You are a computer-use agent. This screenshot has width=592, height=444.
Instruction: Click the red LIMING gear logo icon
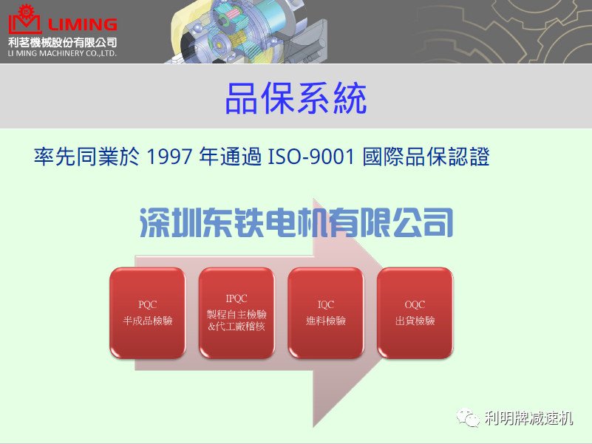tap(24, 20)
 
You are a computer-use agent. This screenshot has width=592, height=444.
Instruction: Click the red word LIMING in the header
tap(83, 25)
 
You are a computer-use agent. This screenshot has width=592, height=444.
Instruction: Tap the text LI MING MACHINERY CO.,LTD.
tap(62, 54)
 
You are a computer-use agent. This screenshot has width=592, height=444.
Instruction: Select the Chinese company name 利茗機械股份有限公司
tap(62, 42)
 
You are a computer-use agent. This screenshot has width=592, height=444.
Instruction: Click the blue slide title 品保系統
tap(296, 98)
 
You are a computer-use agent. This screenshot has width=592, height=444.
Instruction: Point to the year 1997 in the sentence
tap(169, 157)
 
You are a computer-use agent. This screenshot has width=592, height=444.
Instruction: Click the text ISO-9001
tap(311, 157)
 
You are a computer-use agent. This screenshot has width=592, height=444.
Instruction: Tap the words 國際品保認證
tap(426, 157)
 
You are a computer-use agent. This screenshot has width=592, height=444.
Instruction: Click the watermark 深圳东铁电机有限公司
tap(296, 223)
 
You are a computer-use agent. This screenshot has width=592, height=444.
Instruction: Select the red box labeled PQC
tap(148, 313)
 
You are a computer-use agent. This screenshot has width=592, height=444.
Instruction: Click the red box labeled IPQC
tap(237, 313)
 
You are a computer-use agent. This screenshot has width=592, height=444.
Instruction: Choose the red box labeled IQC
tap(326, 313)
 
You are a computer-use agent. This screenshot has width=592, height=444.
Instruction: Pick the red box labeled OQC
tap(415, 313)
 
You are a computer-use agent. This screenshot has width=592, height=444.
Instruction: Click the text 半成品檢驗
tap(148, 321)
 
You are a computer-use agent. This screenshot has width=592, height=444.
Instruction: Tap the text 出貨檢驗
tap(415, 321)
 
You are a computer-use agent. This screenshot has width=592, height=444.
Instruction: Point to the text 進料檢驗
tap(326, 321)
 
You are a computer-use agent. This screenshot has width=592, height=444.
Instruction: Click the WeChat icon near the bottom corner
tap(468, 417)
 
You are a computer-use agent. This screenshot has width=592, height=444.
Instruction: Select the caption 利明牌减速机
tap(529, 418)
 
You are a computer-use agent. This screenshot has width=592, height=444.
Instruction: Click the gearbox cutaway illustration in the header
tap(248, 32)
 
